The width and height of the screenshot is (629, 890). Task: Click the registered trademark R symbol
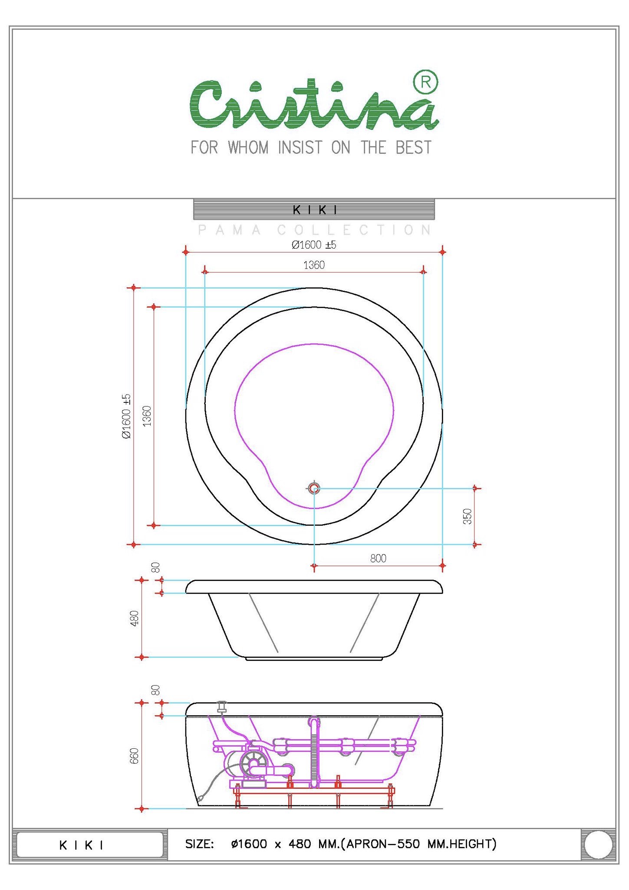(x=425, y=82)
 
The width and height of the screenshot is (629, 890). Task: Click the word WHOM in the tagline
(x=248, y=148)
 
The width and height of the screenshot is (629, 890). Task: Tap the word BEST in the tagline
(x=413, y=148)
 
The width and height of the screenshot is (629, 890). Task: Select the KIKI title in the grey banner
(x=315, y=210)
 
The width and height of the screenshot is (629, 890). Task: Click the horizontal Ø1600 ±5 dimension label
(x=314, y=245)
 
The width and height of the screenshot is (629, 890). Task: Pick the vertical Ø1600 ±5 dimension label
(x=126, y=416)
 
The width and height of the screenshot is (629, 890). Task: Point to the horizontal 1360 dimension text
(x=314, y=265)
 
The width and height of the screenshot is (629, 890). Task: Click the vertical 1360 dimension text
(x=147, y=416)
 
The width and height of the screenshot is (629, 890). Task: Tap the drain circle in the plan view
(x=314, y=488)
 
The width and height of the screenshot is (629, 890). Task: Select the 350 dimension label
(x=467, y=516)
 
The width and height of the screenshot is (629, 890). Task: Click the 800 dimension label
(x=378, y=558)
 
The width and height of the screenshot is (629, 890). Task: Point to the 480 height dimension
(x=134, y=618)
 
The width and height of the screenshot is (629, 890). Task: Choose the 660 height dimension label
(x=134, y=756)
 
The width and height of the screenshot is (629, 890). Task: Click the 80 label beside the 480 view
(x=155, y=568)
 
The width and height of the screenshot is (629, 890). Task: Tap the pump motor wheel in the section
(x=254, y=764)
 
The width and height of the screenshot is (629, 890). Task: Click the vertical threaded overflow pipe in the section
(x=314, y=756)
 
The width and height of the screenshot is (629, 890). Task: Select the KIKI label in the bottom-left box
(x=81, y=845)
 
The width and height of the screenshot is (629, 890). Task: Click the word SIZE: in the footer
(x=199, y=844)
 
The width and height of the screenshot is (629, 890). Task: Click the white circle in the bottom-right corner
(x=598, y=844)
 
